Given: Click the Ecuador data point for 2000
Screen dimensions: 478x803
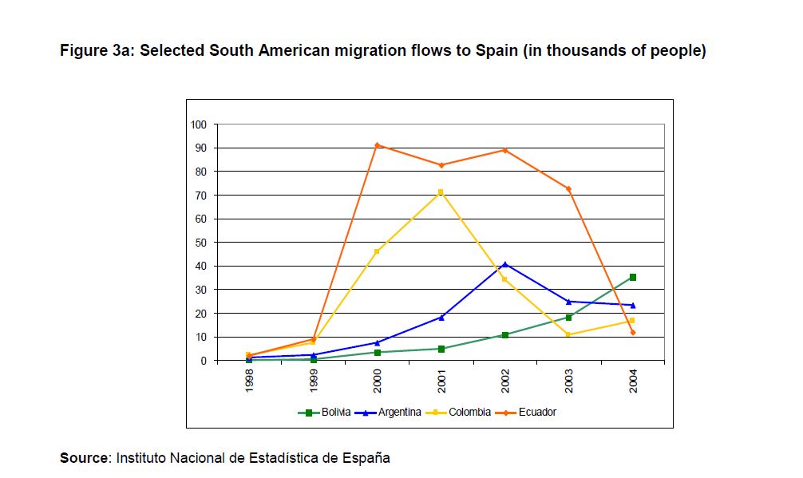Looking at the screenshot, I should click(x=377, y=145).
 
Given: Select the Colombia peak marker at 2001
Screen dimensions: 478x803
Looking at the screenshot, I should click(x=441, y=192).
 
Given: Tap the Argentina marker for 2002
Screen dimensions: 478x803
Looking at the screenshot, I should click(x=504, y=264).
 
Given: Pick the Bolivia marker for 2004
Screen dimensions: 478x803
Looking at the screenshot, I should click(x=632, y=277).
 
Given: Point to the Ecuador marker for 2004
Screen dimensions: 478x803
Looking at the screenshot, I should click(x=632, y=332).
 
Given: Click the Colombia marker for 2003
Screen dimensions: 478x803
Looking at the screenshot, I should click(x=568, y=334).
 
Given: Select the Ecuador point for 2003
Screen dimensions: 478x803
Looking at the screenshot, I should click(x=568, y=189).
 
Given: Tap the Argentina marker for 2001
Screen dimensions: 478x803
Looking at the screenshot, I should click(x=441, y=318).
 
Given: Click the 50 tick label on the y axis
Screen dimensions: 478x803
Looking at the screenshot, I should click(x=200, y=243).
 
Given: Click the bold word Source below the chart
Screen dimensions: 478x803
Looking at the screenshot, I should click(x=84, y=458).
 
